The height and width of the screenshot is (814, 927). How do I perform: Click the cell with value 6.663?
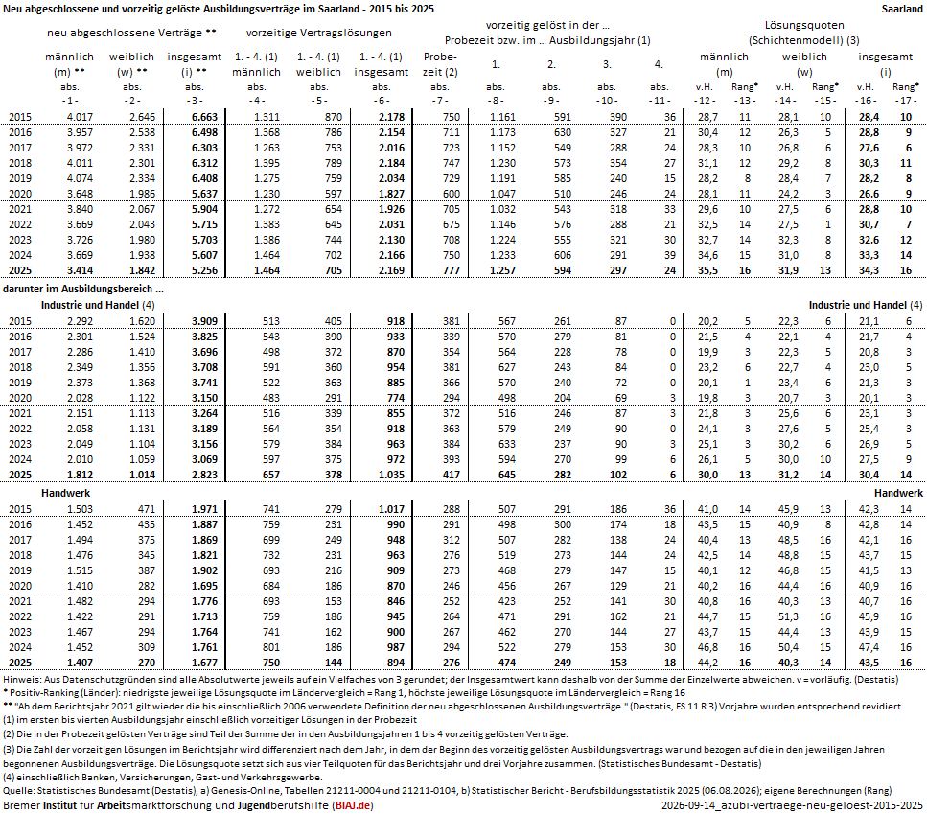coord(204,117)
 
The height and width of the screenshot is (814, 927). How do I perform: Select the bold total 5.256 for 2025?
coord(204,270)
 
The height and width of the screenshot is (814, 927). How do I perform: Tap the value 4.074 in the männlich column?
coord(80,178)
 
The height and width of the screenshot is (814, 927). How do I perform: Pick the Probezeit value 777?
coord(452,270)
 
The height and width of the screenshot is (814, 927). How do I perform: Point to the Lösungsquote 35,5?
coord(707,270)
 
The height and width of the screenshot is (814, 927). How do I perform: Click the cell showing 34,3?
coord(869,270)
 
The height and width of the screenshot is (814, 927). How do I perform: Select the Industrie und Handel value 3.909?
coord(204,321)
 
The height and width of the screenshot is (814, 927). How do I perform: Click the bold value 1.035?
coord(391,475)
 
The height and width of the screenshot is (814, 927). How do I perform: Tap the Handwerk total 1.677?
coord(204,663)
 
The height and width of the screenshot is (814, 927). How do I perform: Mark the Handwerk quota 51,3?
coord(788,616)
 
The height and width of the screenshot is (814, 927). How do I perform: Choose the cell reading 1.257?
coord(502,270)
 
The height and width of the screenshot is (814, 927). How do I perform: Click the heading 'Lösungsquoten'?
coord(804,26)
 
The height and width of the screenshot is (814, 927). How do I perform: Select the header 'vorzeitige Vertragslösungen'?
coord(318,34)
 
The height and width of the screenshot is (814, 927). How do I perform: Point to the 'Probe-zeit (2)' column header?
coord(440,64)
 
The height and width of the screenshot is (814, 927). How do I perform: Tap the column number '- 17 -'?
coord(905,101)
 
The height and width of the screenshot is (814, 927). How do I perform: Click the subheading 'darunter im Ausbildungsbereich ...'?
coord(83,289)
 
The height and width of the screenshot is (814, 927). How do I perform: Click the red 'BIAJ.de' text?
coord(353,805)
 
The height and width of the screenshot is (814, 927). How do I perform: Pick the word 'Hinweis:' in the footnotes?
coord(22,680)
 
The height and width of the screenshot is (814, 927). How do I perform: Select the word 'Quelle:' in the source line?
coord(18,791)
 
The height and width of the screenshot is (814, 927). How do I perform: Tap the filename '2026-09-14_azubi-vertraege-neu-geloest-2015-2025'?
coord(792,805)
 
